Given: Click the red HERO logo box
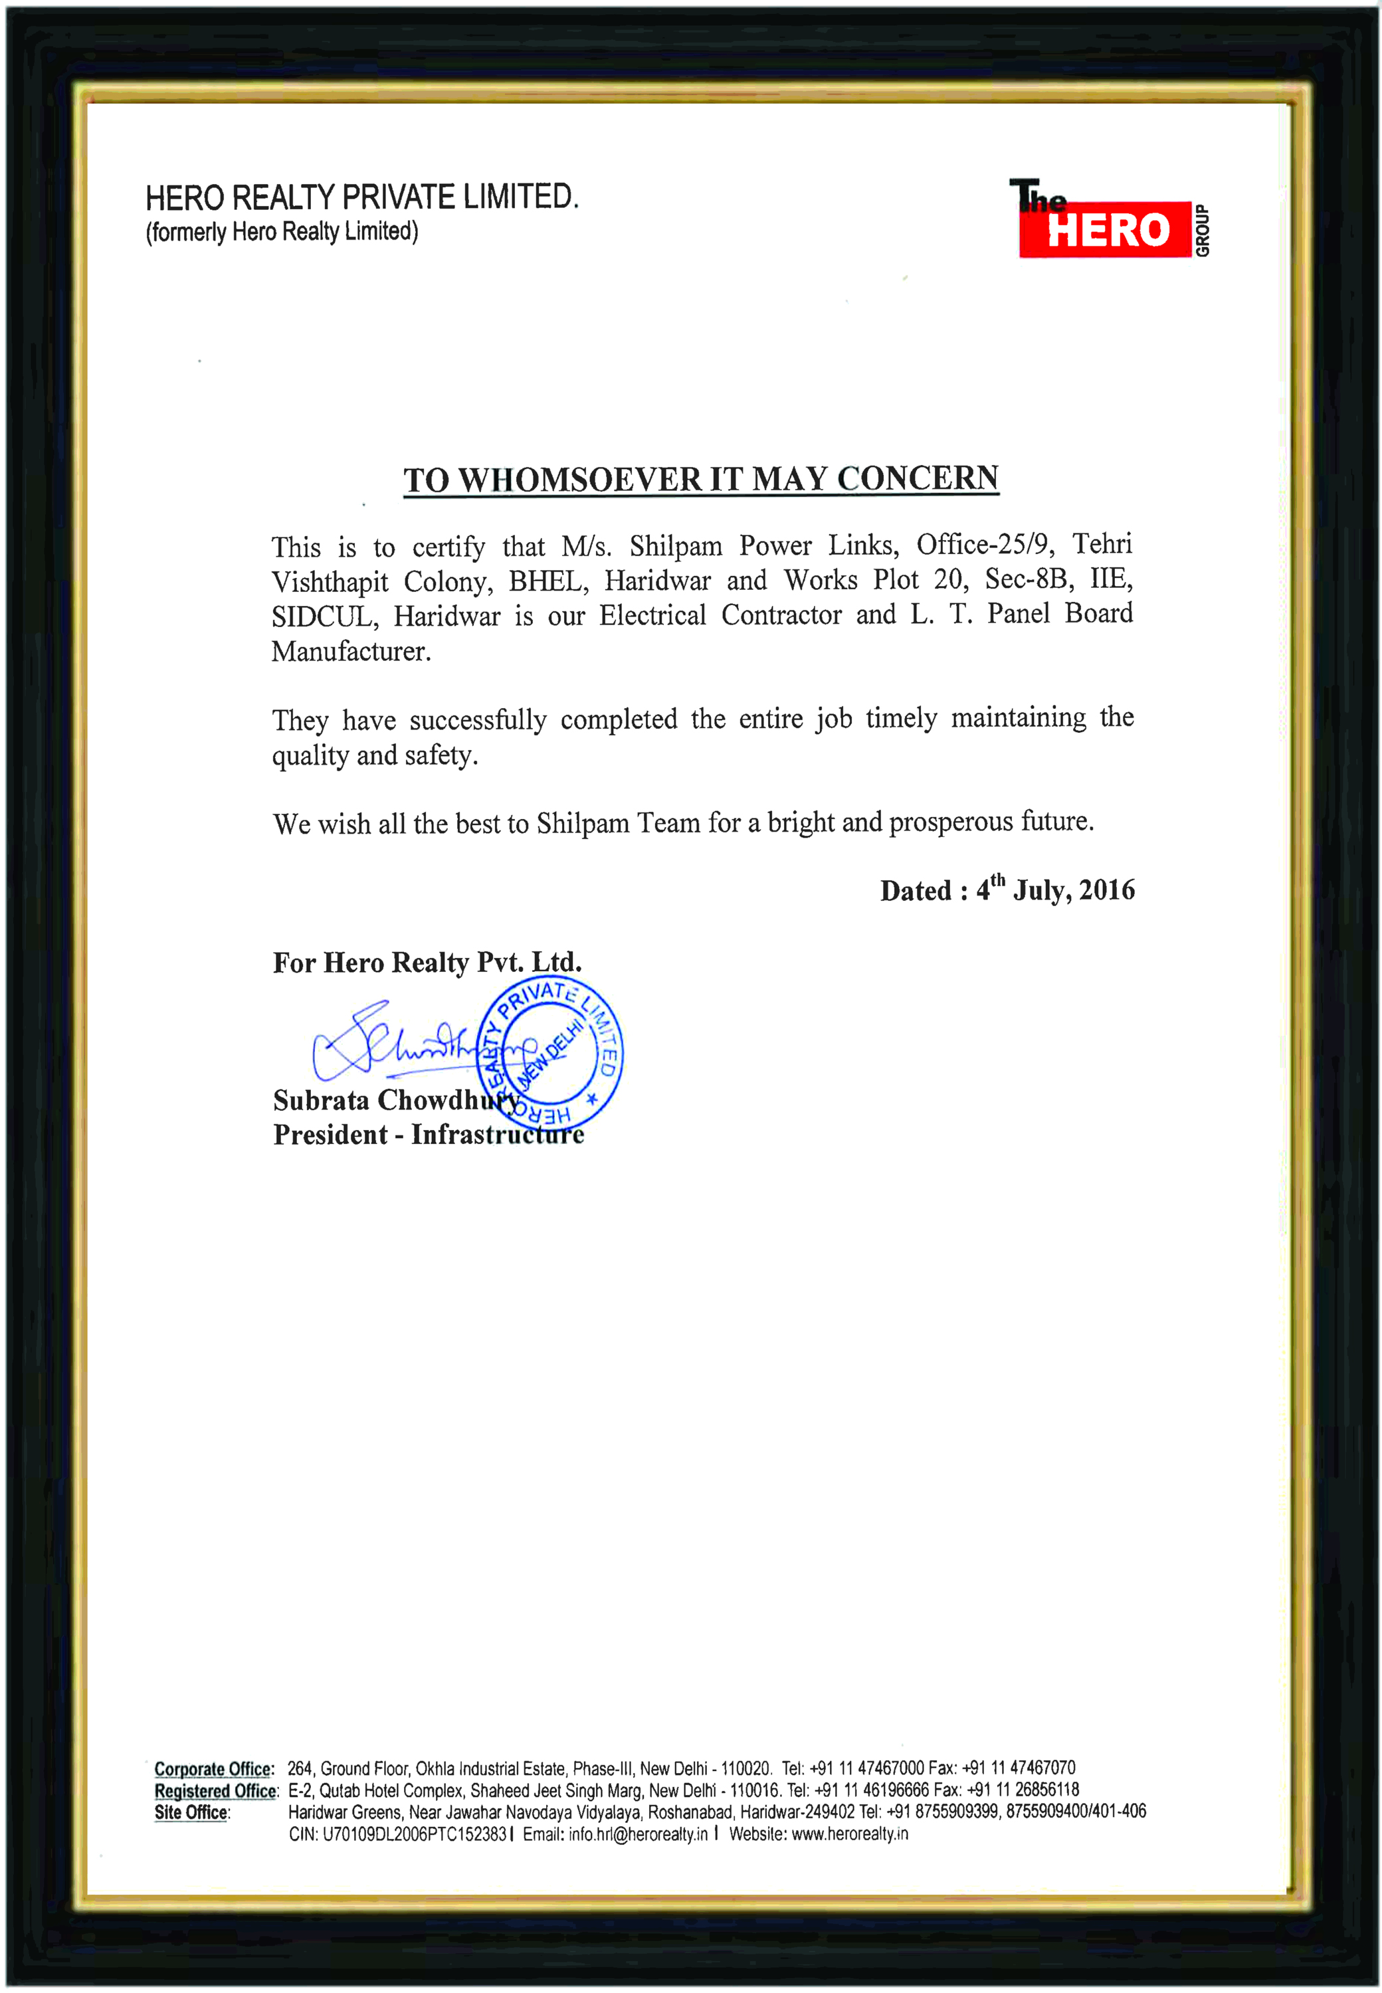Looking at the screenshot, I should click(x=1105, y=229).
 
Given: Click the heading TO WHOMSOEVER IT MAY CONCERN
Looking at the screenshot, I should click(x=702, y=479).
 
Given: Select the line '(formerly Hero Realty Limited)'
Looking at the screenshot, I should click(x=282, y=232).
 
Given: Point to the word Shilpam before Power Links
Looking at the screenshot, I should click(x=676, y=546).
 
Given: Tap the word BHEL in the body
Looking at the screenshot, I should click(x=546, y=581).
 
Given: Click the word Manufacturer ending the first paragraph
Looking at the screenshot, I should click(x=351, y=651).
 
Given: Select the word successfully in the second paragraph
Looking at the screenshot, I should click(x=478, y=720).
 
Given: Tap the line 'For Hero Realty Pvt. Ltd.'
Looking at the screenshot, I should click(x=427, y=963).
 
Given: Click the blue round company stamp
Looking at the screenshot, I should click(x=550, y=1054).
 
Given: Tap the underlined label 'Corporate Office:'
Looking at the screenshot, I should click(x=214, y=1768).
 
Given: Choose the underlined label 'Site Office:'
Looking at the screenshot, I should click(x=192, y=1812).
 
